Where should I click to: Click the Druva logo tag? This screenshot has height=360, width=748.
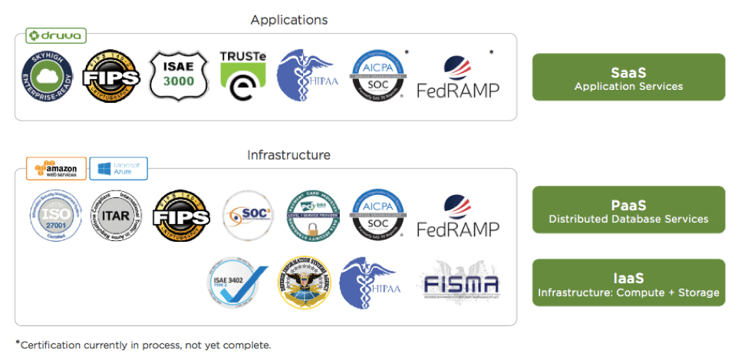point(56,35)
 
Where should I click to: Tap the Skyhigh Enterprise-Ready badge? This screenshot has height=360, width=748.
point(47,77)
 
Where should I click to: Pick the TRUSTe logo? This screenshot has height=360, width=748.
point(242,76)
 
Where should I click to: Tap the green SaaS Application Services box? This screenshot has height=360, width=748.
point(628,78)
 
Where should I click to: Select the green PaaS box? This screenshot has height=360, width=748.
point(628,210)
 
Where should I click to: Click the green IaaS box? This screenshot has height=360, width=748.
point(628,283)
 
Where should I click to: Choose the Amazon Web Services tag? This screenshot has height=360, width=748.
point(56,169)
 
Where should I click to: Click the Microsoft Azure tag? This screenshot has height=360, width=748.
point(118,169)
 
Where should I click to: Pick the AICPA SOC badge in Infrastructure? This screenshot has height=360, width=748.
point(378,216)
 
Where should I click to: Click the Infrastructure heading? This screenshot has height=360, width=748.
point(288,155)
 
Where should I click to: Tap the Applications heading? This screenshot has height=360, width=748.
point(288,20)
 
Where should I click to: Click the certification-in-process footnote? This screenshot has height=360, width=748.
point(143,345)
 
